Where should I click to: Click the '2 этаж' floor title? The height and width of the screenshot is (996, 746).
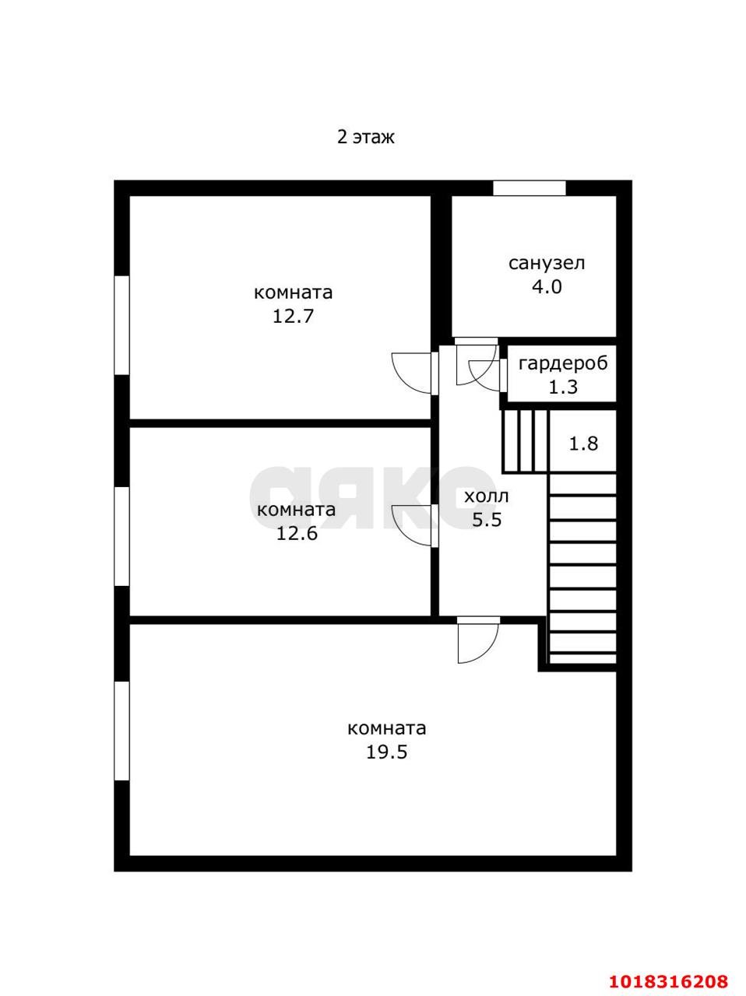point(365,137)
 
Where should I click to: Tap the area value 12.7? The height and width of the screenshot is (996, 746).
point(293,316)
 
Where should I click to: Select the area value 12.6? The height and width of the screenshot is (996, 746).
point(297,533)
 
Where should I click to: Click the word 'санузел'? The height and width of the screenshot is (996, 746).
point(547,263)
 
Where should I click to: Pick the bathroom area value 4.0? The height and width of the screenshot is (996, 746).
point(547,287)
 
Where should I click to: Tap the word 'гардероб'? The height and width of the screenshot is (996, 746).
point(563,364)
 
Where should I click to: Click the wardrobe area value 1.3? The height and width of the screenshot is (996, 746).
point(563,387)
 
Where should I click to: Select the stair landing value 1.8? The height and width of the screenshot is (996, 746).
point(583,444)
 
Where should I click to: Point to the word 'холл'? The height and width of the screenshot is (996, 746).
point(486,497)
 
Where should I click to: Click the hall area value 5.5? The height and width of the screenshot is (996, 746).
point(487,520)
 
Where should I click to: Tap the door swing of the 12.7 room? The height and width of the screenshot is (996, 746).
point(412,373)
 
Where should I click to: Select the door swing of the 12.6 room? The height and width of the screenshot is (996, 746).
point(412,525)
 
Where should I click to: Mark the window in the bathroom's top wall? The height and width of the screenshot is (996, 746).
point(530,188)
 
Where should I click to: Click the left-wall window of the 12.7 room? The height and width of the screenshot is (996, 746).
point(121,325)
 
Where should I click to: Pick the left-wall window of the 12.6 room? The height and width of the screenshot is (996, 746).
point(121,536)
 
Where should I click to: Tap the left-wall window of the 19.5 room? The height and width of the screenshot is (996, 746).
point(121,731)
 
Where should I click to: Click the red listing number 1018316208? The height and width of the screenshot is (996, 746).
point(668,978)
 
